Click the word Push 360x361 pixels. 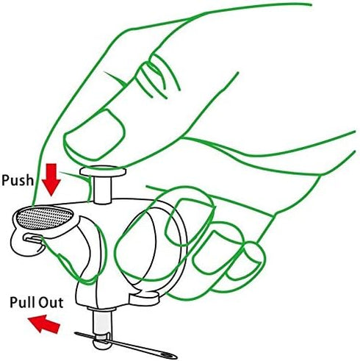point(18,180)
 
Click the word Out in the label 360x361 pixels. point(50,302)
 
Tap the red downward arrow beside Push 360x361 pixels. point(51,180)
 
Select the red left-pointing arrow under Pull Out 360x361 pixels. point(44,324)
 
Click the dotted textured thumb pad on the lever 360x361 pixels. point(44,218)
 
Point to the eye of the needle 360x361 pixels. point(169,354)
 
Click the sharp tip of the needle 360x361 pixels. point(76,333)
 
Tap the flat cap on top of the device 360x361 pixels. point(103,171)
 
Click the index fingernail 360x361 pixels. point(96,135)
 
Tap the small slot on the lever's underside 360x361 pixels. point(32,238)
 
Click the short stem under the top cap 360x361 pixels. point(103,190)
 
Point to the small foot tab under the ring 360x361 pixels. point(143,298)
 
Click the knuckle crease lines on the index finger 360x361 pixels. point(156,76)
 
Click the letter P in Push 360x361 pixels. point(6,180)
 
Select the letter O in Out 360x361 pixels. point(43,302)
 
